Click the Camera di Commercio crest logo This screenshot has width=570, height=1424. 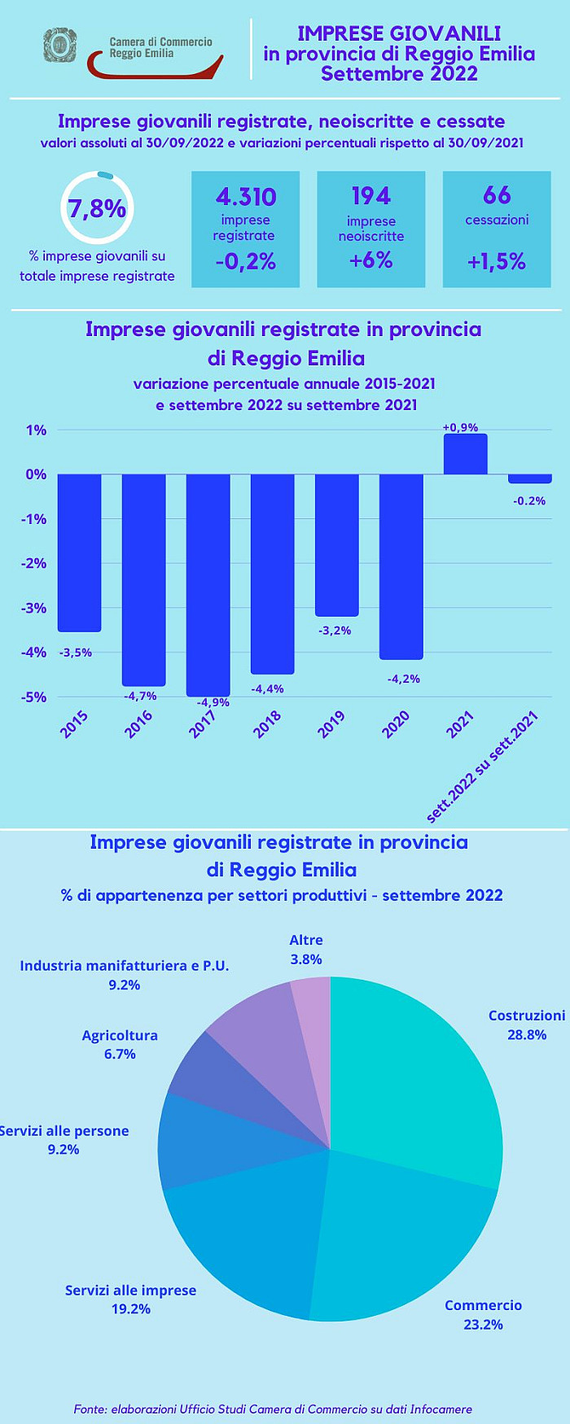tap(59, 46)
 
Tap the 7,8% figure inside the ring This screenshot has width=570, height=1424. tap(97, 208)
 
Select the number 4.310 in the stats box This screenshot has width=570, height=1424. tap(246, 196)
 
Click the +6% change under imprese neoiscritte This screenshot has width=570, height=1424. tap(371, 260)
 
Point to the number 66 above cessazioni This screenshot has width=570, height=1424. tap(497, 195)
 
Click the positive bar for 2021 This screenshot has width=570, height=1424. tap(466, 454)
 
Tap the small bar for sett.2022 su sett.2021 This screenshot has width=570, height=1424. tap(529, 478)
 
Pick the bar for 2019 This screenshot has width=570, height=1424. tap(337, 544)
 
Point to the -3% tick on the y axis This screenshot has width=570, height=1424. tap(35, 608)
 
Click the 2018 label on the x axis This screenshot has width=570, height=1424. tap(267, 723)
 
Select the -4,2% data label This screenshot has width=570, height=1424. tap(404, 679)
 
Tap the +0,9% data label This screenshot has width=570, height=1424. tap(460, 427)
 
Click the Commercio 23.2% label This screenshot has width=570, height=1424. tap(484, 1314)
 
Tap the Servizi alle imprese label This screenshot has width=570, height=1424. tap(130, 1291)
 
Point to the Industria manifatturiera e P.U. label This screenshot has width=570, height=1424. tap(125, 966)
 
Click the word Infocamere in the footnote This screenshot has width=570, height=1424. tap(441, 1409)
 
